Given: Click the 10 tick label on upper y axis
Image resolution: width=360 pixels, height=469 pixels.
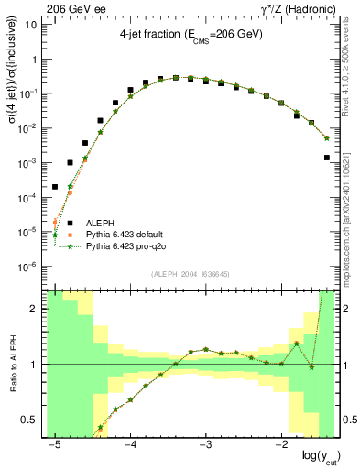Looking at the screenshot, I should (x=30, y=25).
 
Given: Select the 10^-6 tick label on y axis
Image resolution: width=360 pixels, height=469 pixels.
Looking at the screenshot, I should (x=27, y=267).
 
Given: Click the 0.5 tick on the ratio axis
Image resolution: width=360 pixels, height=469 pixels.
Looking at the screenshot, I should (x=27, y=420).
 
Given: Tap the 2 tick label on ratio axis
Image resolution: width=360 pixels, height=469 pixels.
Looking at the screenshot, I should (x=33, y=309).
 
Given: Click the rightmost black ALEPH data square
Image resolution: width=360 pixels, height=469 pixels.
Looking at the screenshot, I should (x=327, y=158).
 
